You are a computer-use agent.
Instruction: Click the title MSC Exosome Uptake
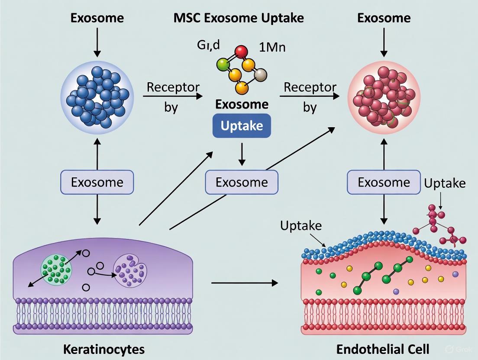tap(239, 18)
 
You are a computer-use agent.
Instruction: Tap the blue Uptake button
tap(242, 125)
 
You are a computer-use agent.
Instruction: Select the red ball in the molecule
tap(242, 52)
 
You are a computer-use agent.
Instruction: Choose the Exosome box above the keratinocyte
tap(97, 182)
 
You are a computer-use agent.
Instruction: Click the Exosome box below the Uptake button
tap(242, 182)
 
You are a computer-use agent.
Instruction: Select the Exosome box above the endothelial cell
tap(384, 182)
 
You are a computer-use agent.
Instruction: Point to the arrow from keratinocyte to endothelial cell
tap(245, 283)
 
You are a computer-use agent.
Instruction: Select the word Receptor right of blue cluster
tap(173, 87)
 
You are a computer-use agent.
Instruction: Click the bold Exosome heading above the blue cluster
tap(97, 18)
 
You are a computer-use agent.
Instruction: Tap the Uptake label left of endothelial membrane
tap(300, 225)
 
